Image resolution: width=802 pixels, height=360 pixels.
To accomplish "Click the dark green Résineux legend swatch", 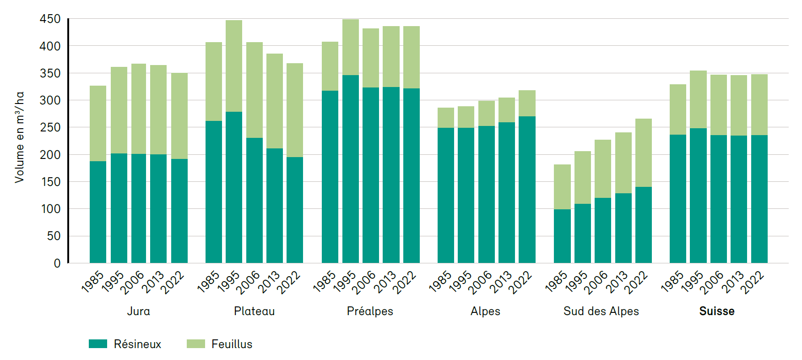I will pos(98,344).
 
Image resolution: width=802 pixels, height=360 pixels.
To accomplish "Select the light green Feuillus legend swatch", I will pos(195,344).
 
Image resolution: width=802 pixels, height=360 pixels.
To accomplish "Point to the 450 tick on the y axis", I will pos(50,19).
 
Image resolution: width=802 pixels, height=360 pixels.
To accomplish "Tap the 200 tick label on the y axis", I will pos(50,155).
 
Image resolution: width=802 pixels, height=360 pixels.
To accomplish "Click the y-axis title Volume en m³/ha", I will pos(19,137).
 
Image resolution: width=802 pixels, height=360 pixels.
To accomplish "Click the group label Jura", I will pos(138,311).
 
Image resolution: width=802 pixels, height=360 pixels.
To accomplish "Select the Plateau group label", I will pos(254,311).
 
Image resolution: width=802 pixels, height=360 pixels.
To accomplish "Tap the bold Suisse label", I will pos(717,311).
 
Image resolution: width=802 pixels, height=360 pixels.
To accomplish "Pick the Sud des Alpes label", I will pos(601,311).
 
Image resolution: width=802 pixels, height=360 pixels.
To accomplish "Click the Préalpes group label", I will pos(370,311).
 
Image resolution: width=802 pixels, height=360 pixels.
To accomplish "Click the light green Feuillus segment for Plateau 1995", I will pos(234,66).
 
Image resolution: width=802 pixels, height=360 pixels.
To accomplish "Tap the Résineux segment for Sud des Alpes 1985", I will pos(562,236).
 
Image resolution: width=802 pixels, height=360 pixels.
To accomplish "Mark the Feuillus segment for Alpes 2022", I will pos(527,104).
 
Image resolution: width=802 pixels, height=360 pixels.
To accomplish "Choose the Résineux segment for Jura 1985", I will pos(98,212).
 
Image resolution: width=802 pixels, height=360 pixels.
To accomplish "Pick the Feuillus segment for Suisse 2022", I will pos(759,105).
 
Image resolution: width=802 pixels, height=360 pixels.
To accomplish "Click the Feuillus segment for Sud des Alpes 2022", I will pos(644,153).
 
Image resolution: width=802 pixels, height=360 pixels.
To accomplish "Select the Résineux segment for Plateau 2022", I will pos(295,210).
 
